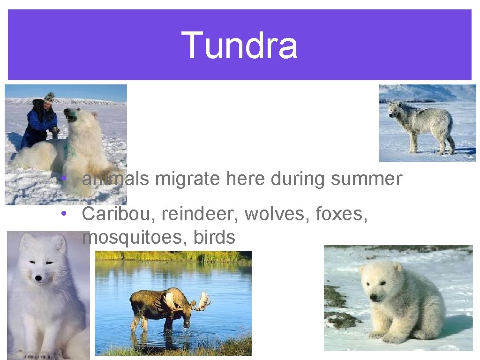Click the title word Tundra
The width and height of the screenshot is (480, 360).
(x=239, y=45)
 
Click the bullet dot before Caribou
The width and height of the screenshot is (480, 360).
(x=62, y=214)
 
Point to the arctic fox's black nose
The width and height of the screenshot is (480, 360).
(x=38, y=278)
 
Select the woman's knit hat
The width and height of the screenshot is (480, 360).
(x=49, y=97)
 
